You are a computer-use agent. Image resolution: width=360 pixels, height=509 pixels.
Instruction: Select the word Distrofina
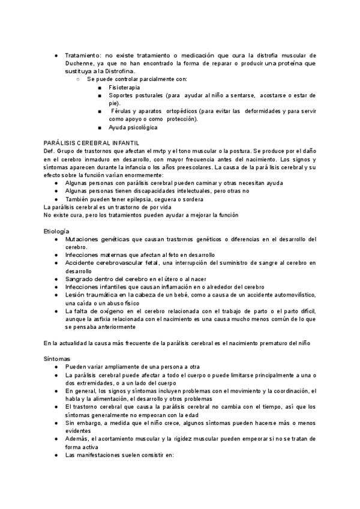(117, 70)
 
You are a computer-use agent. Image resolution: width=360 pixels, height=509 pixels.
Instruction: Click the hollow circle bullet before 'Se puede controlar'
(79, 79)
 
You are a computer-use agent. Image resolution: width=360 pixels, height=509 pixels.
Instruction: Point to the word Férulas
(122, 111)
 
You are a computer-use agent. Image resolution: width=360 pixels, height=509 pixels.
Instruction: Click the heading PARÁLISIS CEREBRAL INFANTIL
(92, 142)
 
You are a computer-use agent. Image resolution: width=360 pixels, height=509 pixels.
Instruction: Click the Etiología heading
(56, 231)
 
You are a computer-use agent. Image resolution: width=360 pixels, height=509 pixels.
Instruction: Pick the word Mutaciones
(85, 239)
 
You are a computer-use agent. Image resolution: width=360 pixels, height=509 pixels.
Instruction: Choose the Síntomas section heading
(56, 358)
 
